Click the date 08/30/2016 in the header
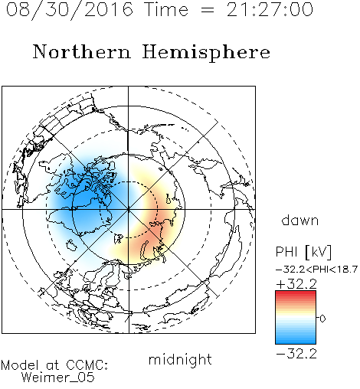(x=70, y=10)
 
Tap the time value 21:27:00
(x=270, y=10)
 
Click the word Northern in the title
(x=82, y=52)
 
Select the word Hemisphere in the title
(x=206, y=53)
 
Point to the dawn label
(x=300, y=221)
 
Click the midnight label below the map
(x=180, y=360)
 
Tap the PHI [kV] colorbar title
(x=303, y=252)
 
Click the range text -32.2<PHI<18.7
(x=316, y=270)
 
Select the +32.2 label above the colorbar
(x=296, y=284)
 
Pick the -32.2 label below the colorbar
(x=296, y=354)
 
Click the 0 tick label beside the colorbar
(x=322, y=319)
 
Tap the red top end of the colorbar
(x=296, y=293)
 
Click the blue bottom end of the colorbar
(x=296, y=342)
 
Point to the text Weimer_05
(x=58, y=378)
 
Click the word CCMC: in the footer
(x=87, y=365)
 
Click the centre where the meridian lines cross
(x=128, y=210)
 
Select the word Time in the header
(x=166, y=10)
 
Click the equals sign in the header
(x=208, y=11)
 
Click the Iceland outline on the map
(x=72, y=245)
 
